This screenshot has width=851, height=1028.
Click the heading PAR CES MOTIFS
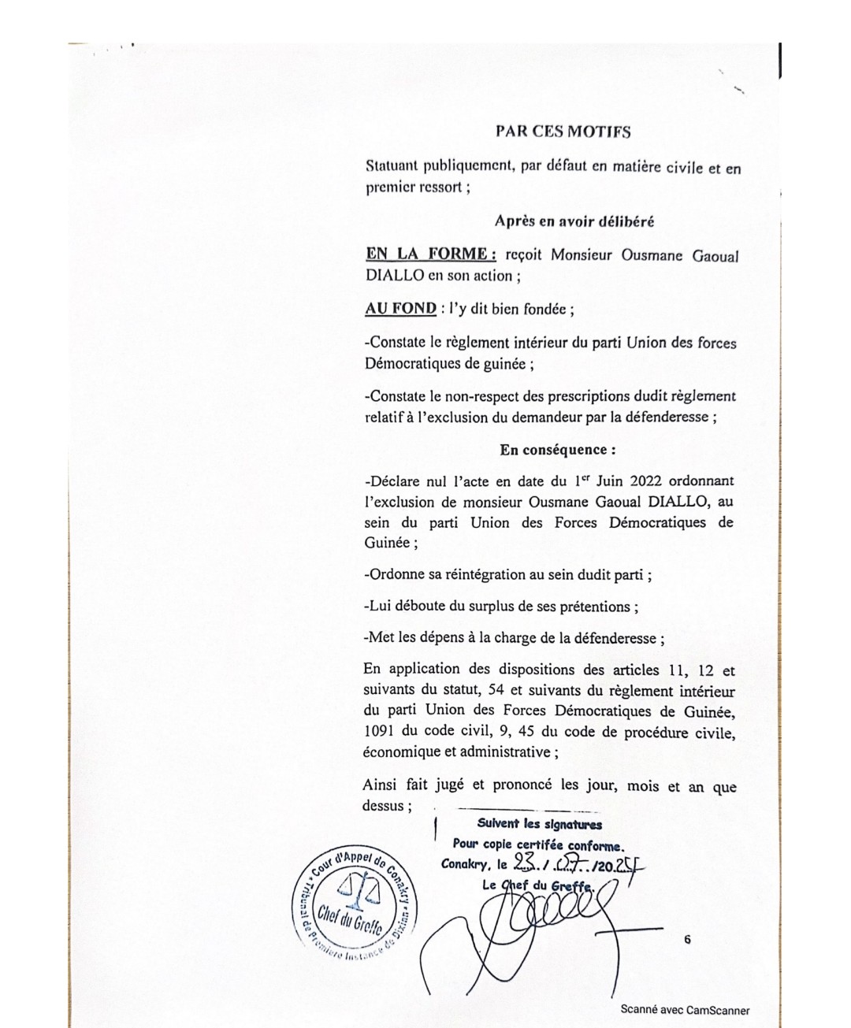(563, 132)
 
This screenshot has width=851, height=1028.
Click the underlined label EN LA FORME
(429, 254)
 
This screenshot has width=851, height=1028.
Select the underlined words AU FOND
(400, 309)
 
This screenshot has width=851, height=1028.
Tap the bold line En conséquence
(557, 450)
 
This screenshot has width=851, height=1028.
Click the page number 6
(688, 939)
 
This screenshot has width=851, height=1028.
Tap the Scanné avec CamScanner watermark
(685, 1010)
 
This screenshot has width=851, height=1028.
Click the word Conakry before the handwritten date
(465, 864)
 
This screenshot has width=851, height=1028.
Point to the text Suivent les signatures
(539, 825)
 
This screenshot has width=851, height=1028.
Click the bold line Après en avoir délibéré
(574, 221)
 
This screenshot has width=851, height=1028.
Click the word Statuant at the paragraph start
(392, 167)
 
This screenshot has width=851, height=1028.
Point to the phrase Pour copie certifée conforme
(538, 845)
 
